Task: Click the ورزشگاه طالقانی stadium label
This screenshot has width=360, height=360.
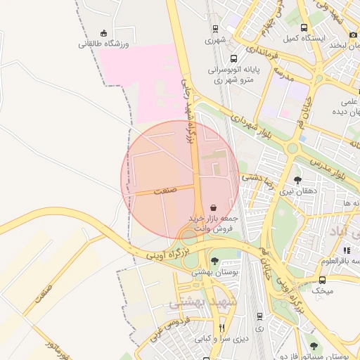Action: (103, 43)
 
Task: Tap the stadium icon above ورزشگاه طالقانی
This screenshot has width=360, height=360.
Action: (104, 32)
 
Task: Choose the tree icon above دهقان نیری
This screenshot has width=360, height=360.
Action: (297, 180)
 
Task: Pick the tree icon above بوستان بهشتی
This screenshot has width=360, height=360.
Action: (214, 261)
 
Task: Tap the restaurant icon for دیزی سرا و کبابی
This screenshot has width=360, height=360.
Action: (223, 328)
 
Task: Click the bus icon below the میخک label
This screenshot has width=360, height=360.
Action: (322, 300)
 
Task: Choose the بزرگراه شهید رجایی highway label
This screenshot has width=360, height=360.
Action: (187, 112)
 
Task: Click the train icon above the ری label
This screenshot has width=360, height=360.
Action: (260, 316)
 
